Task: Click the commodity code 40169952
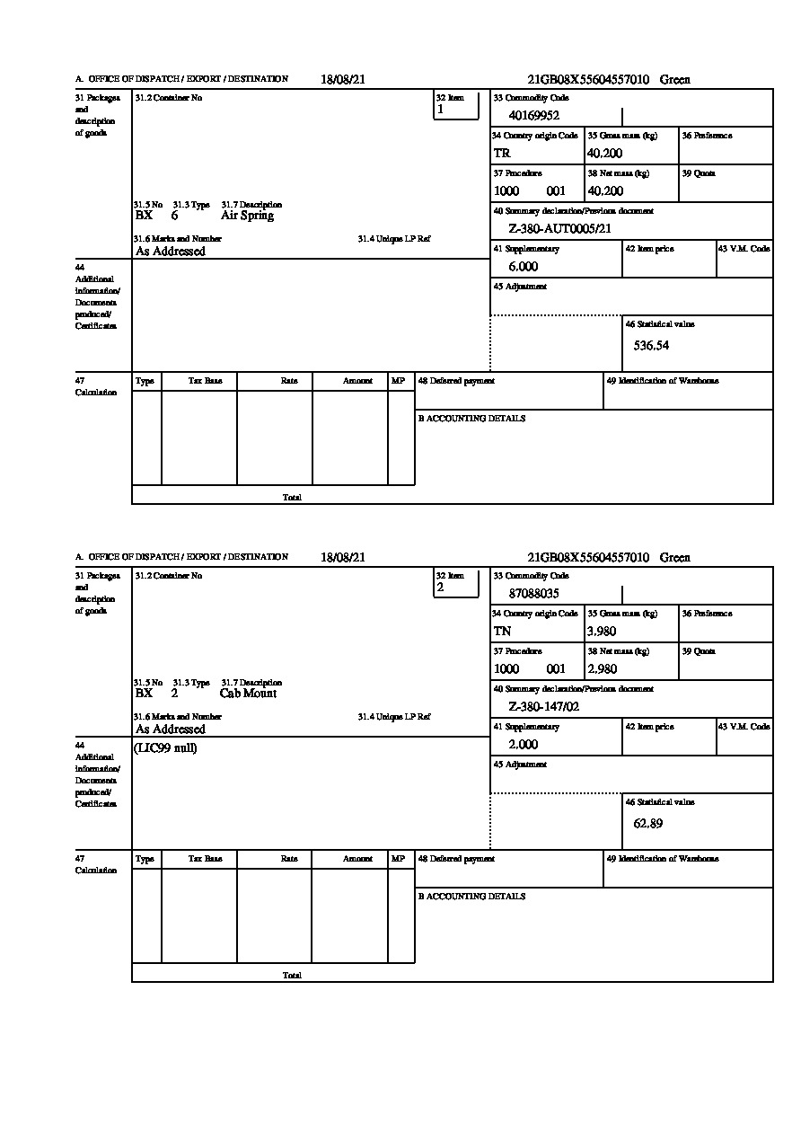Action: (533, 115)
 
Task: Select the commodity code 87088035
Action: (533, 593)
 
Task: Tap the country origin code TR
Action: (502, 154)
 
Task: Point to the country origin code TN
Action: (502, 632)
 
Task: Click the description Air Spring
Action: (247, 216)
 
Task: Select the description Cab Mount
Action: (248, 694)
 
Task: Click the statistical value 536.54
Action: (651, 345)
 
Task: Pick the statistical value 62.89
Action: (647, 823)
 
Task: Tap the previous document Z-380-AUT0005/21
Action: (559, 229)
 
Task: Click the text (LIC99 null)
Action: (165, 748)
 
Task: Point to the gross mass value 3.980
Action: (602, 632)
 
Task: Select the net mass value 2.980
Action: (602, 669)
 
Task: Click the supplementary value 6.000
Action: (523, 267)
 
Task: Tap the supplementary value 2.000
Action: (523, 745)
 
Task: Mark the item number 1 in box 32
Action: (440, 110)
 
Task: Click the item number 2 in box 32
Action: (440, 588)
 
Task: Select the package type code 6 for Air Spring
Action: (174, 216)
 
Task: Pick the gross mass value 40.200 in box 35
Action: (604, 154)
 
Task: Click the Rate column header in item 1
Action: (288, 381)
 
